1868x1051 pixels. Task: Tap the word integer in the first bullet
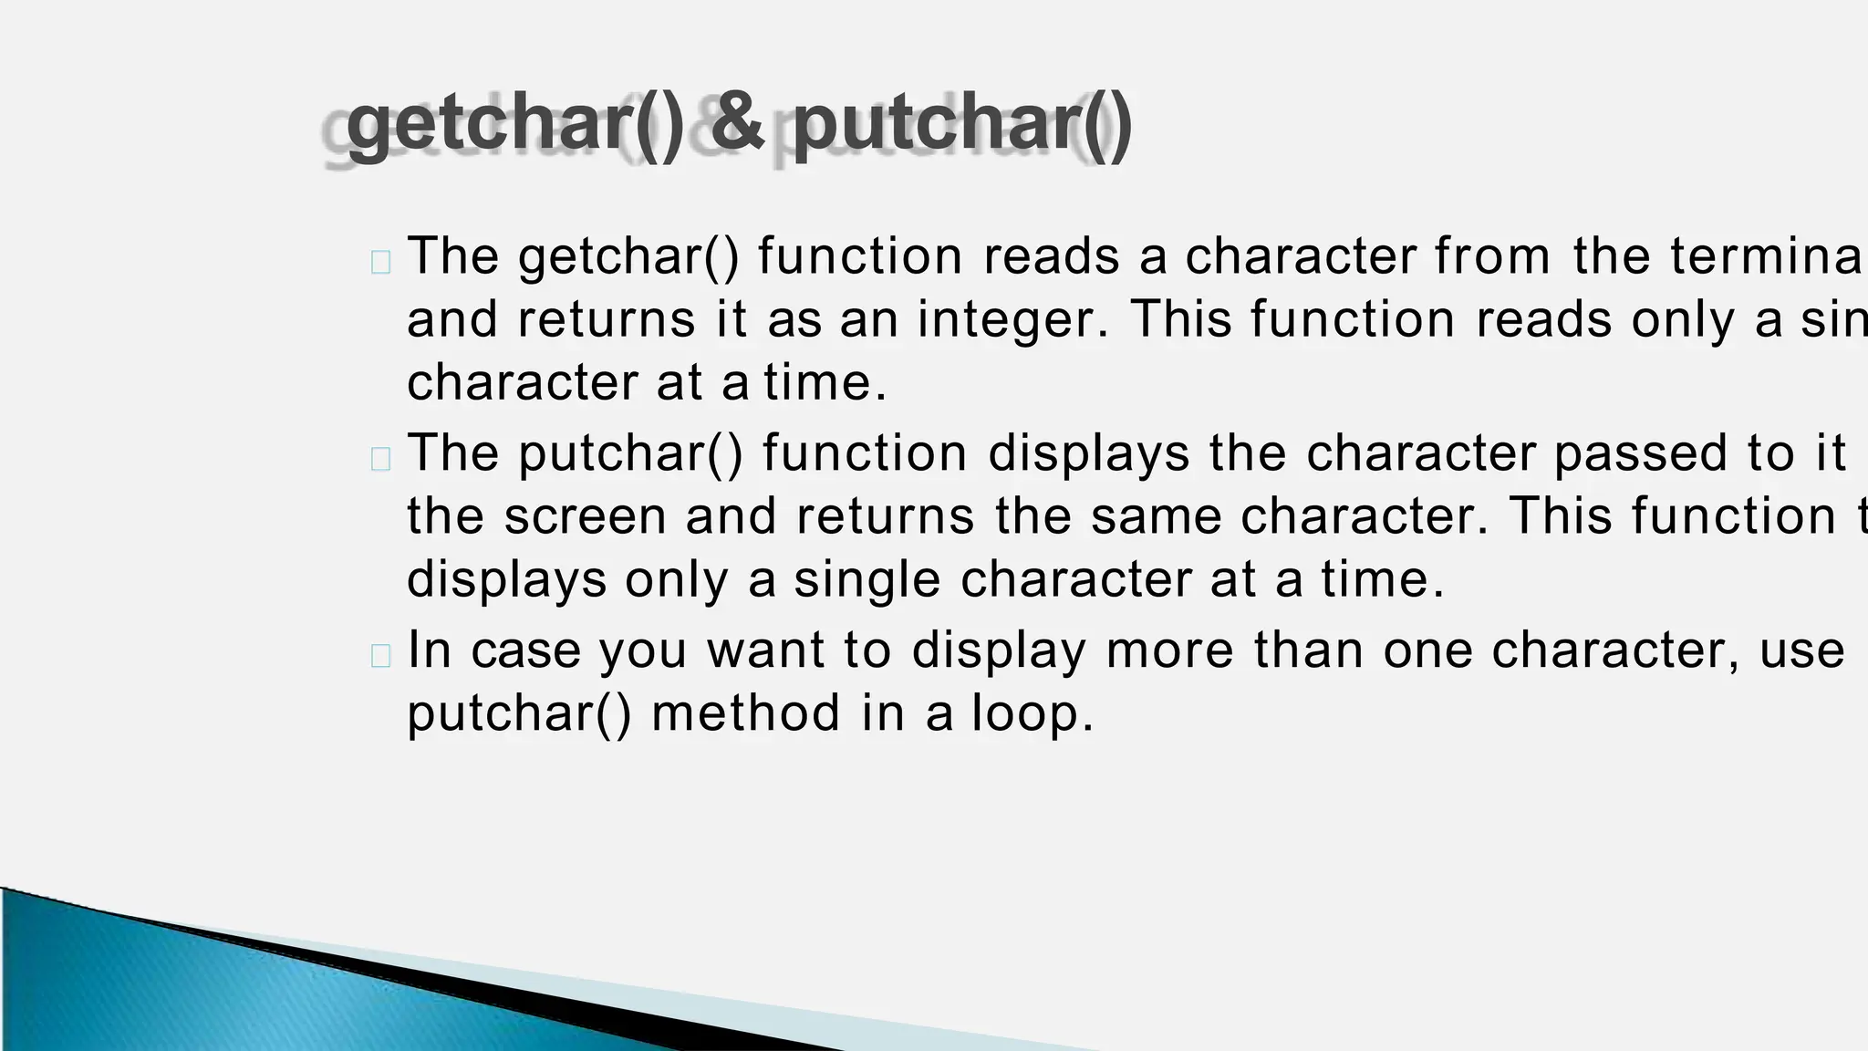[x=1013, y=320]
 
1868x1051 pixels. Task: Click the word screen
[x=585, y=517]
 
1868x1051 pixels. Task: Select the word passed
[x=1641, y=453]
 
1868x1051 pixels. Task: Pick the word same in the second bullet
[x=1156, y=517]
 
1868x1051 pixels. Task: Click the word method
[x=746, y=713]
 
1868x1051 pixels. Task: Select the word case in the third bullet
[x=526, y=650]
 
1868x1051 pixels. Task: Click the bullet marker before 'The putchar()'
[x=381, y=459]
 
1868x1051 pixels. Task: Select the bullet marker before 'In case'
[x=381, y=656]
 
